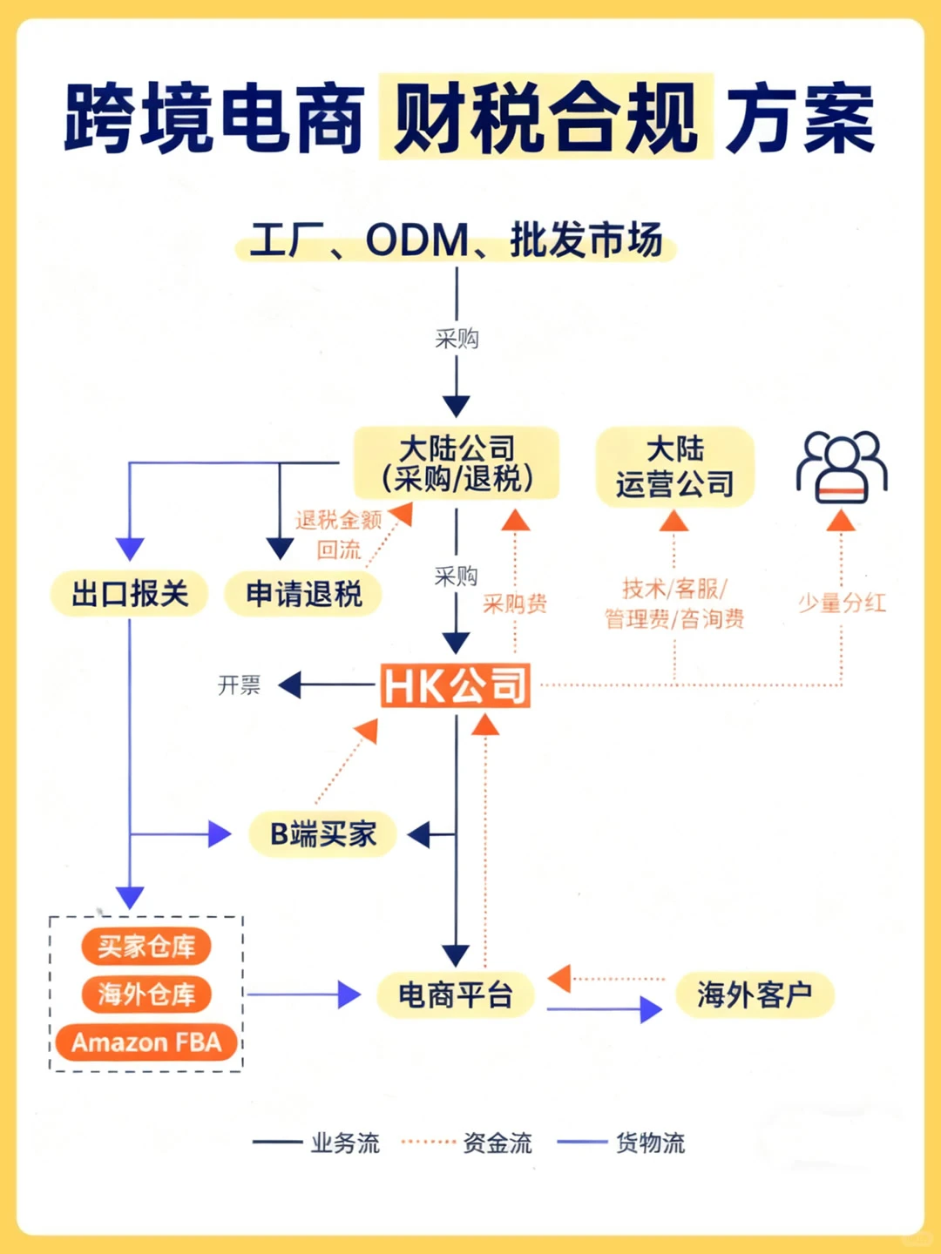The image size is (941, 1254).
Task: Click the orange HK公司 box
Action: (x=456, y=685)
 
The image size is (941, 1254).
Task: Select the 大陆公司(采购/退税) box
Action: (x=456, y=463)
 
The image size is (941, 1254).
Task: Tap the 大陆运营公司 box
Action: (x=674, y=467)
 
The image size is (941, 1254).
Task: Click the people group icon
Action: (x=841, y=467)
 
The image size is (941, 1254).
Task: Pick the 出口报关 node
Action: (x=130, y=594)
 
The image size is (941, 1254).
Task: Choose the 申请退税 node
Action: (x=303, y=594)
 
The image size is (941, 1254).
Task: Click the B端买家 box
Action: (x=323, y=834)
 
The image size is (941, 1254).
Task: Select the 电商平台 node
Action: (x=456, y=994)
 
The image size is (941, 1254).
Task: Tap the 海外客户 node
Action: (x=755, y=994)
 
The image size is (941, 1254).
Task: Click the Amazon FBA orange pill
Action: (x=146, y=1042)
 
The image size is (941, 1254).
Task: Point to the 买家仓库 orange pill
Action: (x=146, y=947)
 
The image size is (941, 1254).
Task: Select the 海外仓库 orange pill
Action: (x=146, y=994)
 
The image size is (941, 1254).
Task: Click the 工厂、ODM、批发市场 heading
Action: (x=456, y=240)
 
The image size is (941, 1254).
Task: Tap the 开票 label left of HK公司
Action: (x=239, y=685)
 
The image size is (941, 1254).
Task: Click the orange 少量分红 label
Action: (x=842, y=603)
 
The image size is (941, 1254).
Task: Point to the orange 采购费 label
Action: (x=515, y=603)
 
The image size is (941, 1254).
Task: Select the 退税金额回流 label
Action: (x=339, y=534)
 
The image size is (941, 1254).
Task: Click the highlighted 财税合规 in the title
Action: (x=546, y=118)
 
